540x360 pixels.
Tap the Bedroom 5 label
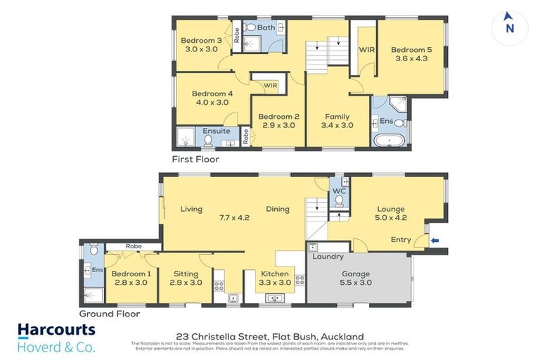coord(411,50)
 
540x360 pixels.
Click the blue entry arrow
coord(435,240)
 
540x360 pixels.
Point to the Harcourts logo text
coord(56,330)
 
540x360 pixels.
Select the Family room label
coord(337,117)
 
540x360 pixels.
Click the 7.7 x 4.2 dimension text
coord(234,218)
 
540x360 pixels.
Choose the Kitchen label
coord(274,274)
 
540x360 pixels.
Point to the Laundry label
coord(328,257)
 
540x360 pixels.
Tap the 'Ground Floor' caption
coord(109,314)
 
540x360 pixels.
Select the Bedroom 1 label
coord(131,274)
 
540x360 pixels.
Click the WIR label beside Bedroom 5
coord(366,50)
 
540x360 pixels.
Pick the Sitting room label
coord(186,274)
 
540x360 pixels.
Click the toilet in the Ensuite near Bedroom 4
coord(208,140)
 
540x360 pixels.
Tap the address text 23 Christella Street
coord(271,337)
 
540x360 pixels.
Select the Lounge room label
coord(392,209)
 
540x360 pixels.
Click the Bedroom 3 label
coord(200,41)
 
